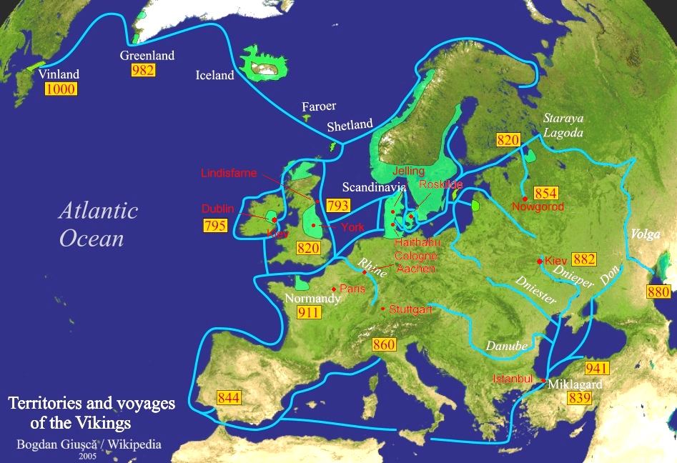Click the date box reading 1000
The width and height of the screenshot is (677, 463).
point(60,89)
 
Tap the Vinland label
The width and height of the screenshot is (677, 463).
point(59,74)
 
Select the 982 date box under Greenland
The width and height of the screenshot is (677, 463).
point(143,70)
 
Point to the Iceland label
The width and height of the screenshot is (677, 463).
point(214,75)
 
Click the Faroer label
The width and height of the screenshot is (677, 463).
point(318,106)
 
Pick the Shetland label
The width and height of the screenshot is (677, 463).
point(350,126)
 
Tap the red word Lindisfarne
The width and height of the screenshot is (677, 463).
point(228,173)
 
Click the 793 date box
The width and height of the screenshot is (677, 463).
point(338,206)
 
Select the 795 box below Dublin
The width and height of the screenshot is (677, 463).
point(215,226)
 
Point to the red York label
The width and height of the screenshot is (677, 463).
point(352,227)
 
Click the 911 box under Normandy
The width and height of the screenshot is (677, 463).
point(309,312)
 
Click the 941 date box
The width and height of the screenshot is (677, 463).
point(596,368)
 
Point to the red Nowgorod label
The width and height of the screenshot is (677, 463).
point(538,207)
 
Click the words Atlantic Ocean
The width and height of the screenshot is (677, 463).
point(98,224)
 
